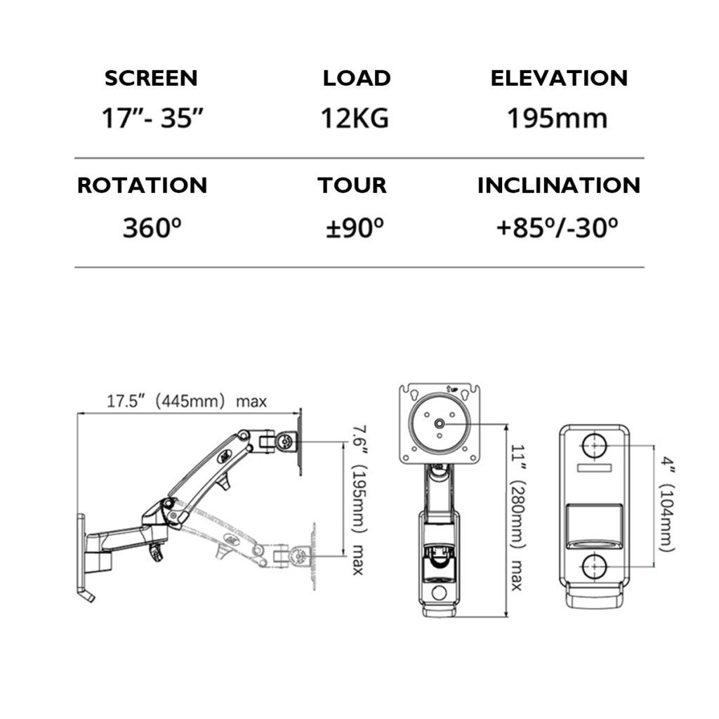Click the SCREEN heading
(151, 78)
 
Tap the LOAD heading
(357, 78)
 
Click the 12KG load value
(355, 118)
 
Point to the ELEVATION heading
(559, 78)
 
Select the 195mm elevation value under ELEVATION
(558, 118)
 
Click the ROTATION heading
(142, 185)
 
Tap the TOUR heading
(352, 185)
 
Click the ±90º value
(355, 227)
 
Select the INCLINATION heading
(559, 185)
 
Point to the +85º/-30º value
(558, 227)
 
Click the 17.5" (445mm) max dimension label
(187, 402)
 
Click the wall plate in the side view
(81, 554)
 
